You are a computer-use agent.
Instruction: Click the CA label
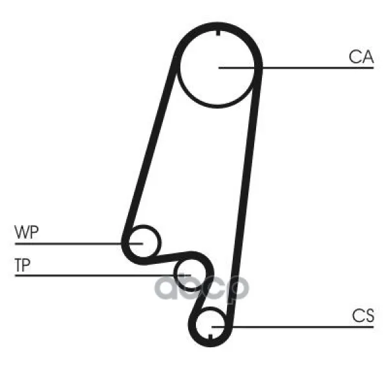pos(361,57)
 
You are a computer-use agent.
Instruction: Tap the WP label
pos(27,232)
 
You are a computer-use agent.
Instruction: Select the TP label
pos(23,264)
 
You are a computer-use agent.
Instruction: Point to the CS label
pos(363,316)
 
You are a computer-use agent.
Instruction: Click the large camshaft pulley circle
pos(217,107)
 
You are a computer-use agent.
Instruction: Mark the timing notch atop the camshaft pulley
pos(218,33)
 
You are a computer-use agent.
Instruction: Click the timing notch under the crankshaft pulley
pos(210,337)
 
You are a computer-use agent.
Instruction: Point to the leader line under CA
pos(296,67)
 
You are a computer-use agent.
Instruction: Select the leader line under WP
pos(79,244)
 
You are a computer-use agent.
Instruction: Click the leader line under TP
pos(103,275)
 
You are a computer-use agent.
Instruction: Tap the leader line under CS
pos(292,327)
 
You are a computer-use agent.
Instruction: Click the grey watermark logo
pos(202,288)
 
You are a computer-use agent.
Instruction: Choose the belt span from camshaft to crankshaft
pos(245,193)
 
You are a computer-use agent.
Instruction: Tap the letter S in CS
pos(369,316)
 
